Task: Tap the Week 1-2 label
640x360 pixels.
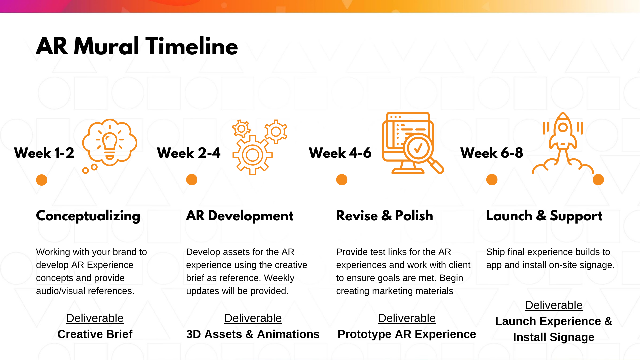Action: tap(44, 153)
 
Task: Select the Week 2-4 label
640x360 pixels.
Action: tap(189, 153)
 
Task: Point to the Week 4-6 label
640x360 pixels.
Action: tap(340, 153)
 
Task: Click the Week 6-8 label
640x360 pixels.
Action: tap(492, 153)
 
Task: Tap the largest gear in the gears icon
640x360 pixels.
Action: tap(252, 155)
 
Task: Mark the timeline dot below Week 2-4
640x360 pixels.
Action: tap(192, 180)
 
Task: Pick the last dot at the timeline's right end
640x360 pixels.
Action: tap(598, 180)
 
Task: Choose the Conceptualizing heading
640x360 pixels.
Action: tap(88, 216)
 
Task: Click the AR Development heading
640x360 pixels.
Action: tap(240, 216)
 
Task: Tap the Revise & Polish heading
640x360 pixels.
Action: tap(385, 216)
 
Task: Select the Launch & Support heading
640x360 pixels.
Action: tap(544, 216)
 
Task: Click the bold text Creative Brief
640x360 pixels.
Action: tap(95, 334)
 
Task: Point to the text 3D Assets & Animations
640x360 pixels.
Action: tap(253, 334)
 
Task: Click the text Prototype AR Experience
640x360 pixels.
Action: tap(407, 334)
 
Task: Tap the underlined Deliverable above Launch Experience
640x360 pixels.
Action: tap(554, 305)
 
